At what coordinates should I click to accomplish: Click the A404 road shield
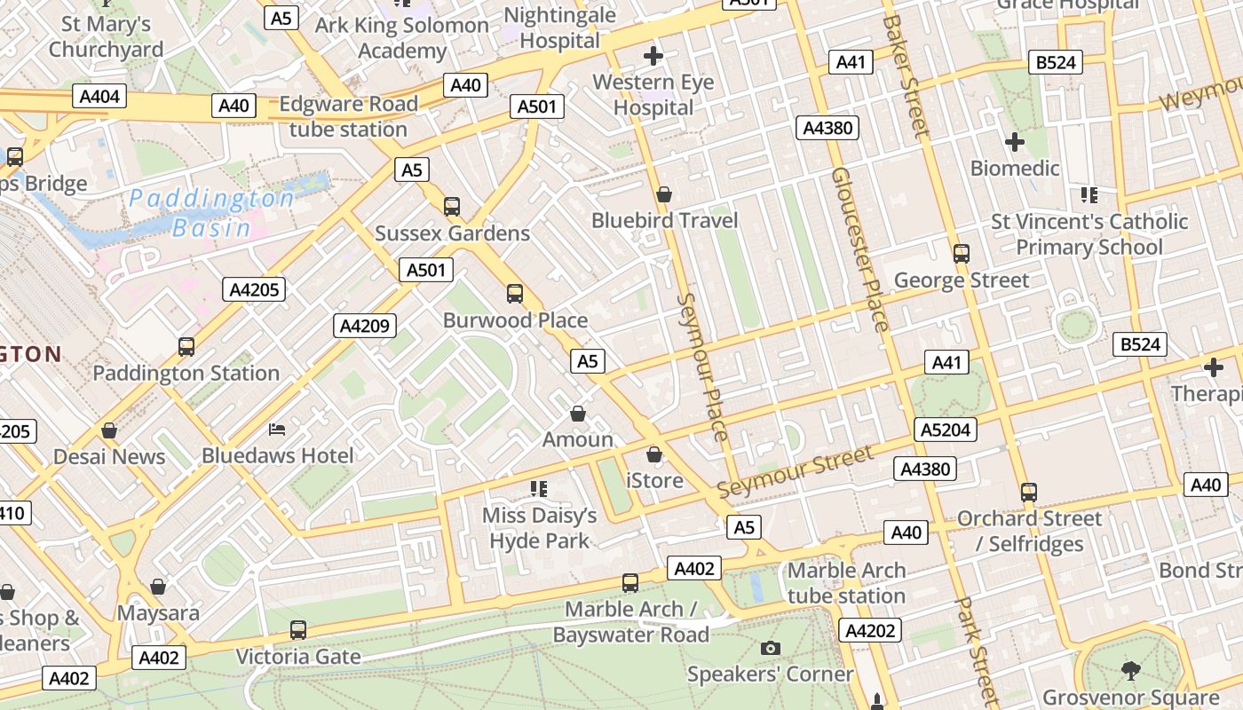coord(99,97)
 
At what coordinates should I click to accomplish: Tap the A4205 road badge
coord(254,289)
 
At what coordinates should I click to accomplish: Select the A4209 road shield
coord(365,326)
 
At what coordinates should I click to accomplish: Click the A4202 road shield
coord(871,631)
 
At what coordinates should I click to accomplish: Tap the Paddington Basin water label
coord(212,213)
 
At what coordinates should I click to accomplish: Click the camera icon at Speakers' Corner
coord(771,649)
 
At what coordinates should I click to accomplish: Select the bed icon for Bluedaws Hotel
coord(277,430)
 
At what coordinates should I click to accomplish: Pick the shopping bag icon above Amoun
coord(578,414)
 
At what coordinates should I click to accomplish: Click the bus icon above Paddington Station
coord(186,347)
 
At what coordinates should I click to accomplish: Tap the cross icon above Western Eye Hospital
coord(653,57)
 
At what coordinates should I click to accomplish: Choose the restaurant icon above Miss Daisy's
coord(539,489)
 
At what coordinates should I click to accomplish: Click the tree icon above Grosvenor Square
coord(1130,671)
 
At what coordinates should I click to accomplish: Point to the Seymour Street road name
coord(795,472)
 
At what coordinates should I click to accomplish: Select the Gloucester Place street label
coord(859,249)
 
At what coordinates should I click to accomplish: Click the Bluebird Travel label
coord(664,220)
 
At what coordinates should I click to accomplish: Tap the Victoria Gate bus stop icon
coord(298,630)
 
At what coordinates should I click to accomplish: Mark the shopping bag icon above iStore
coord(654,455)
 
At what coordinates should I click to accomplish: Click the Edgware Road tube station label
coord(348,116)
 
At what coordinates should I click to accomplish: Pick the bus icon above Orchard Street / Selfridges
coord(1029,492)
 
